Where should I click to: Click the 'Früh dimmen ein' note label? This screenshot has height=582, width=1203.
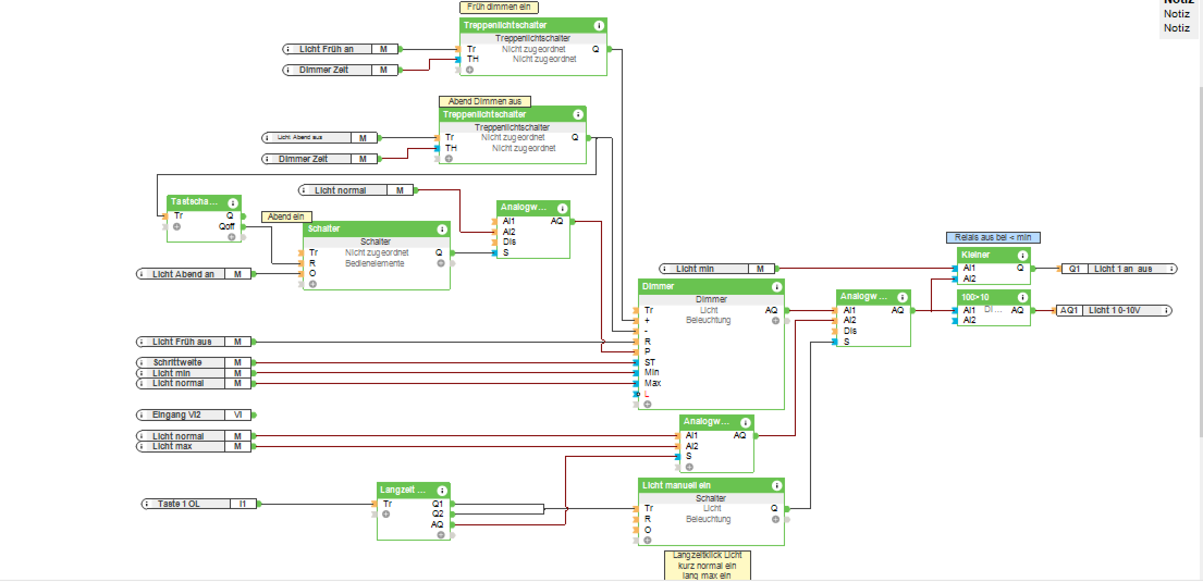(x=499, y=7)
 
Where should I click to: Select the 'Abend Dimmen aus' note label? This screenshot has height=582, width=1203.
(x=484, y=101)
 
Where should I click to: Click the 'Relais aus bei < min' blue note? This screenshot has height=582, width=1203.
(x=993, y=238)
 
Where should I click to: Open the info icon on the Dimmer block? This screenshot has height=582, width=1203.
(x=777, y=287)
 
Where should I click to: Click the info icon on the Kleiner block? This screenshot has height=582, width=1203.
(x=1023, y=255)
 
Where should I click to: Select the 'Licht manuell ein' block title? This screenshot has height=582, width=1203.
(x=676, y=485)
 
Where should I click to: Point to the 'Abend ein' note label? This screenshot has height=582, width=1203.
(x=286, y=216)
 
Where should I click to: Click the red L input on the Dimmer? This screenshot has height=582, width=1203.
(x=647, y=394)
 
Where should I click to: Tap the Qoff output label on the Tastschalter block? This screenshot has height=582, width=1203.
(x=226, y=226)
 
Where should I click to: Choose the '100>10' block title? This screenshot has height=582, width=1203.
(x=975, y=297)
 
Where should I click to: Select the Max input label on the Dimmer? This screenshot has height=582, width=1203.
(x=652, y=383)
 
